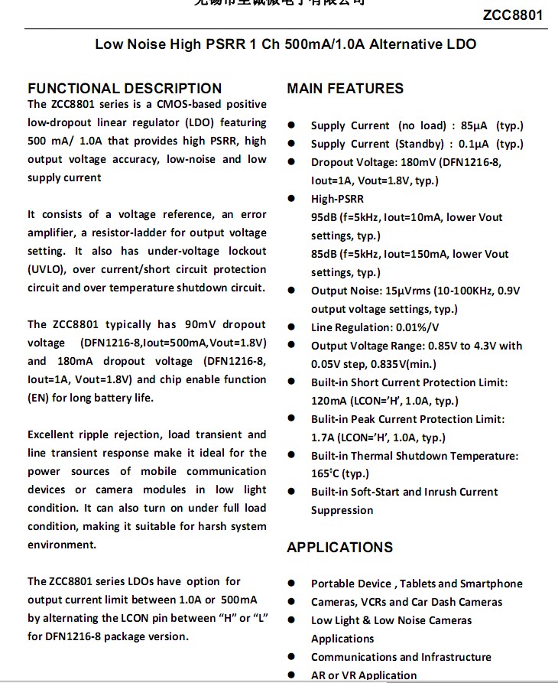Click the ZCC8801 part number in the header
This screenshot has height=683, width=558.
(513, 15)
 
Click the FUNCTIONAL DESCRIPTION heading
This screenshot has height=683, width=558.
(125, 89)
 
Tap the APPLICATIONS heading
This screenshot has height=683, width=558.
(339, 548)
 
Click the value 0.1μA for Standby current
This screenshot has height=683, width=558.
(474, 144)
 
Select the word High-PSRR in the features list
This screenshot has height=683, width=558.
(337, 199)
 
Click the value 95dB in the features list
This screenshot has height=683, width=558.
(324, 217)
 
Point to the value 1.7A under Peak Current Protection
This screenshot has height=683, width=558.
(323, 437)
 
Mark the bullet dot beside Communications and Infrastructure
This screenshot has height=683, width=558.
(292, 657)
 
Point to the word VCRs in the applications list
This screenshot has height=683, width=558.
(371, 602)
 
